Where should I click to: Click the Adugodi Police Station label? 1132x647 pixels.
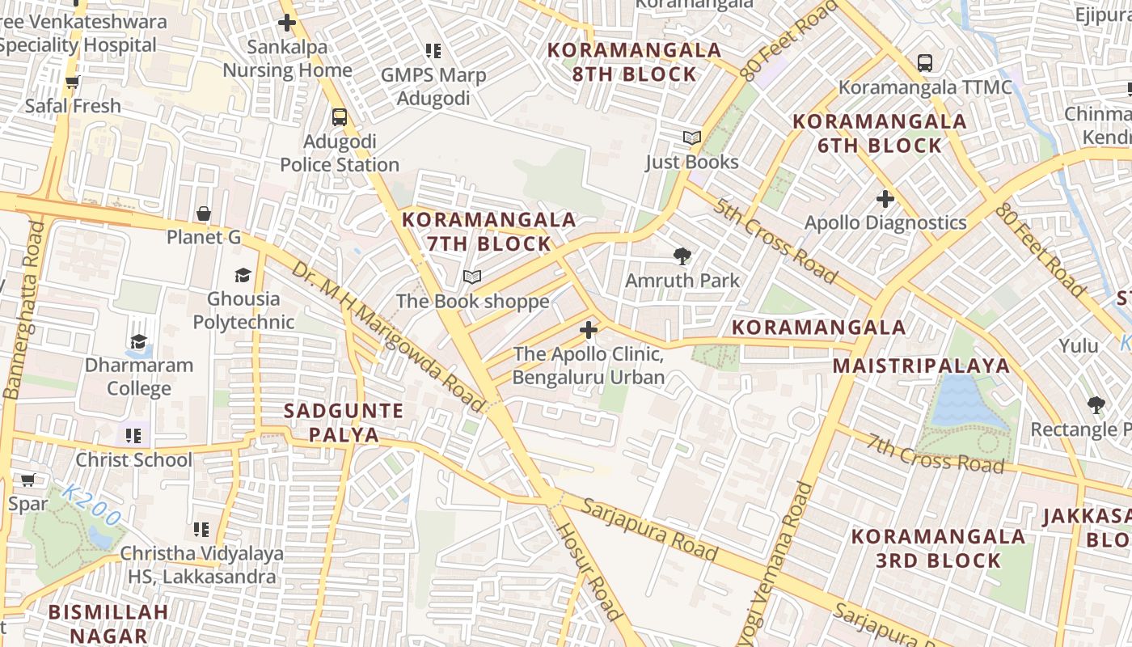(x=340, y=154)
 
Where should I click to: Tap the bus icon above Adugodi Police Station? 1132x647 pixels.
(x=340, y=116)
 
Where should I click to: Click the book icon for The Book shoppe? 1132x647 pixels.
(x=472, y=277)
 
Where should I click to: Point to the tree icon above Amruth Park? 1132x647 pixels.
(x=682, y=257)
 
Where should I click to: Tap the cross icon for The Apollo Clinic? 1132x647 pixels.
(x=589, y=330)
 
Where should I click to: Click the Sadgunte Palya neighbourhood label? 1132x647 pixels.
(x=344, y=422)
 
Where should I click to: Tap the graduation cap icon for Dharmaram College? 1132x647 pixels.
(x=139, y=341)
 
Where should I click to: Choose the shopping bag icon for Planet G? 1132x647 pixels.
(x=204, y=214)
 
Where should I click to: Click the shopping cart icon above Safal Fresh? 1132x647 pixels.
(x=72, y=82)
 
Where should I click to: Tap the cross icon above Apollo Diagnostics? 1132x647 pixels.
(x=885, y=198)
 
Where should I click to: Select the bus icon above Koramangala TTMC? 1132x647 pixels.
(x=925, y=62)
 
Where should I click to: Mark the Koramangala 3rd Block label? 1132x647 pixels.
(x=938, y=548)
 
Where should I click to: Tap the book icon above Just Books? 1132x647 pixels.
(x=692, y=137)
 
